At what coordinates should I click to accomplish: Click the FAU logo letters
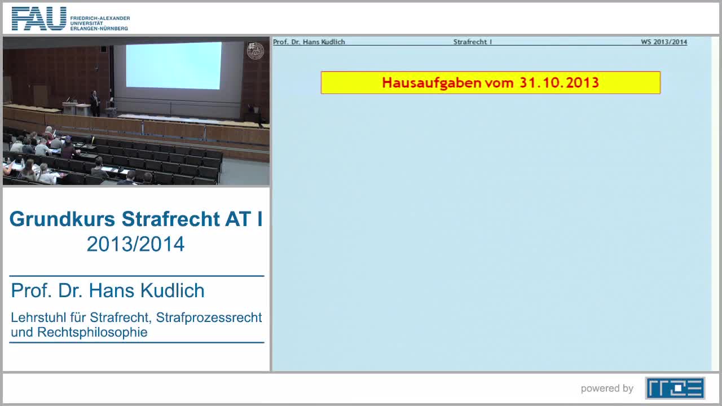point(38,19)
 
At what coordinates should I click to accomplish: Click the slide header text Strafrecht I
point(473,42)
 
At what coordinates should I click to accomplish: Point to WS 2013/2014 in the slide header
point(663,42)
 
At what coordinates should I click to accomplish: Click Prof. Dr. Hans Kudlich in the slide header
point(309,42)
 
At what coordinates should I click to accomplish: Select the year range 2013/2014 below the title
point(135,244)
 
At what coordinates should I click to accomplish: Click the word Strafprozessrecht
point(209,317)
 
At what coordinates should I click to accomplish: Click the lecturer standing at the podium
point(95,102)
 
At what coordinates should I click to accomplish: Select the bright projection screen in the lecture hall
point(173,65)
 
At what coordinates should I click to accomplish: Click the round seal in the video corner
point(256,51)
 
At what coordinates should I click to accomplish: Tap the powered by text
point(607,389)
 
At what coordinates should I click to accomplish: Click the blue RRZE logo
point(675,388)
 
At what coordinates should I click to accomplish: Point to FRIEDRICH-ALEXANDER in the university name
point(100,18)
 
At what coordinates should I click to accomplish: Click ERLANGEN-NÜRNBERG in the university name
point(100,28)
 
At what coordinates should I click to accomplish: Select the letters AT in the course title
point(237,219)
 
